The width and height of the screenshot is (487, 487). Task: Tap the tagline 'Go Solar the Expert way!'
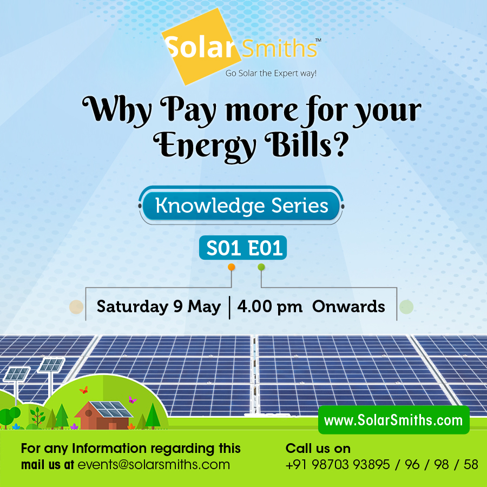click(x=271, y=73)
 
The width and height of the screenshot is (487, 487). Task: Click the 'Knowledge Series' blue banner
click(x=241, y=206)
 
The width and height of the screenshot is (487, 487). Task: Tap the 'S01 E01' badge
click(x=242, y=248)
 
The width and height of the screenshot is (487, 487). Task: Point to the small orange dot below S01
click(x=232, y=267)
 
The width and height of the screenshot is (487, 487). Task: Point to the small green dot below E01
click(x=261, y=267)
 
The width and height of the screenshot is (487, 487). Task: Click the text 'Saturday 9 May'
click(x=159, y=307)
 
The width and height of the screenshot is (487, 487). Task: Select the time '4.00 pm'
click(x=269, y=307)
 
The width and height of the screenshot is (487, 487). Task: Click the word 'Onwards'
click(x=348, y=307)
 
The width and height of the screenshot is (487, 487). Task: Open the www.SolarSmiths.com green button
click(x=393, y=420)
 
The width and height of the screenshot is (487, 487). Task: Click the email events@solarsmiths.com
click(x=154, y=465)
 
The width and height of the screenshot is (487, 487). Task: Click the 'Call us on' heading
click(x=318, y=449)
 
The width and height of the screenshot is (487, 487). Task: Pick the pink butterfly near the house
click(x=132, y=400)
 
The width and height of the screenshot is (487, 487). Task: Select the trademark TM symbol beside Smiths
click(x=318, y=40)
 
